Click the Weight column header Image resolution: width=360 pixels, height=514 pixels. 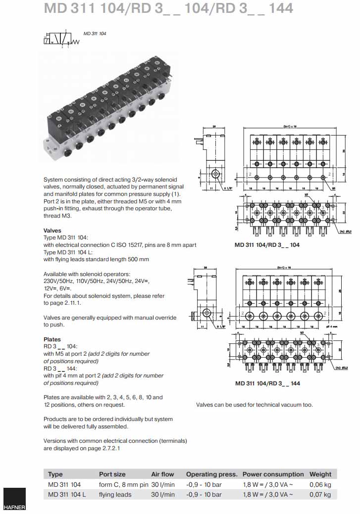320,474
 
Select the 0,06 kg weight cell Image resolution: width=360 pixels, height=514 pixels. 320,484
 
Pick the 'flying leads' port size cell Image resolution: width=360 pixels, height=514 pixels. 115,494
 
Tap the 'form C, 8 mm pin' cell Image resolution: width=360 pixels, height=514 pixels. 124,484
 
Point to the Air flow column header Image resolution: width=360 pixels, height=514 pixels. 162,474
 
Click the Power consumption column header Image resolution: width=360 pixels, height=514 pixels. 273,474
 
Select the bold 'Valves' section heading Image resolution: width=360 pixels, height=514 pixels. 52,231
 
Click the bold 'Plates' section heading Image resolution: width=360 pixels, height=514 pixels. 52,339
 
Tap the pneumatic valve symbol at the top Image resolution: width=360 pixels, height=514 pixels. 61,39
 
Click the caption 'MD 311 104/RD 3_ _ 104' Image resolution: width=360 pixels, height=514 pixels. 267,244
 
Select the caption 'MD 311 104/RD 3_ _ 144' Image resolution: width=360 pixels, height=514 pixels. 267,383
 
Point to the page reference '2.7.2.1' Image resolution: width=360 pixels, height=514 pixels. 111,448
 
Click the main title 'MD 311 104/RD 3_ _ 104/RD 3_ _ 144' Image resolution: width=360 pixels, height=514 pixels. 168,8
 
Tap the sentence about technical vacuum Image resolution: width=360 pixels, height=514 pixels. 254,405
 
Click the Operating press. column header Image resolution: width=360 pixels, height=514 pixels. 211,474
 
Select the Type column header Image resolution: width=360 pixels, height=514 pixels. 55,474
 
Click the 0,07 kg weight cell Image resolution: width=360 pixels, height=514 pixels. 320,494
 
